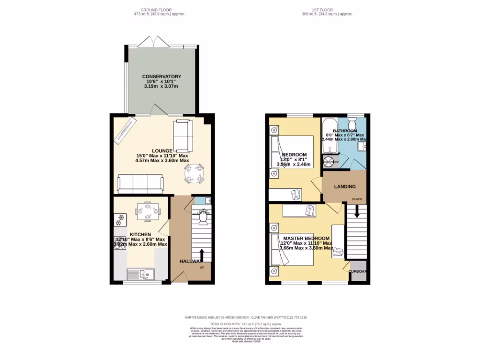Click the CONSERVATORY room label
point(162,76)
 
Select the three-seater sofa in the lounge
point(140,183)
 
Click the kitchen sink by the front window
point(141,273)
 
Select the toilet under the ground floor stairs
point(202,217)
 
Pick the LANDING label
point(345,187)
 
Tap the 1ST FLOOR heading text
point(327,10)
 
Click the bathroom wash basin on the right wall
point(361,147)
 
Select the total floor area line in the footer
point(246,323)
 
